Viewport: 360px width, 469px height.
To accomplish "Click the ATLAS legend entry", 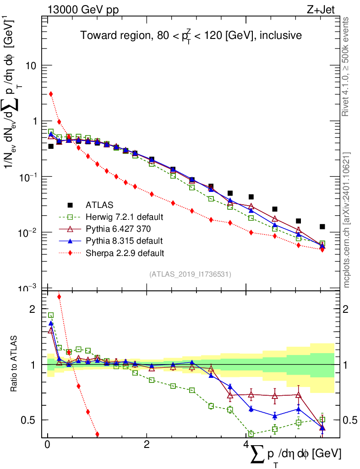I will coord(100,205).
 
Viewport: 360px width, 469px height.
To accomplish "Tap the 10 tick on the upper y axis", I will coord(30,65).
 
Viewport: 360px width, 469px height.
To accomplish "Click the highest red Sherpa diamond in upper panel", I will coord(51,94).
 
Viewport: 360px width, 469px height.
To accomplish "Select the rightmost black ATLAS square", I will coord(322,227).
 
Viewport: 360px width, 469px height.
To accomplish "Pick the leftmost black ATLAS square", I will coord(51,147).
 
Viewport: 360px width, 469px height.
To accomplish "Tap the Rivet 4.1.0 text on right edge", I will coord(347,66).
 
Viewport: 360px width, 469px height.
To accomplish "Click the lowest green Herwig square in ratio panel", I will coord(251,434).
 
